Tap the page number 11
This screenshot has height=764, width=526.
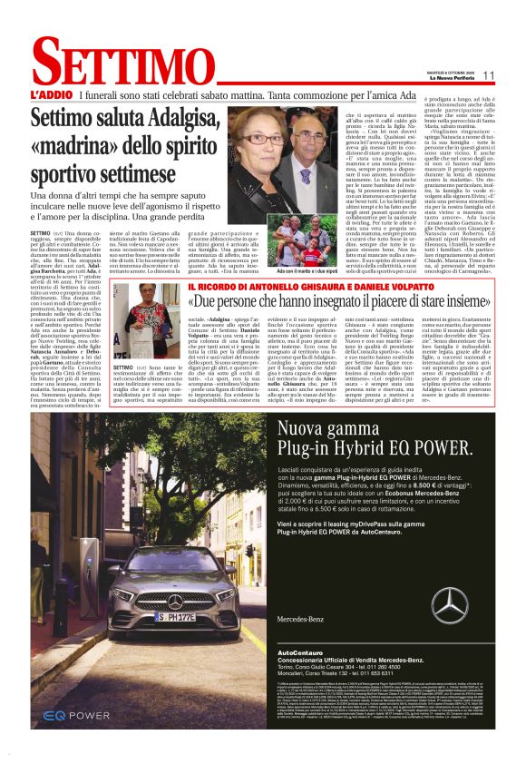point(488,75)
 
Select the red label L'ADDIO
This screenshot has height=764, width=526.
point(50,94)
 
